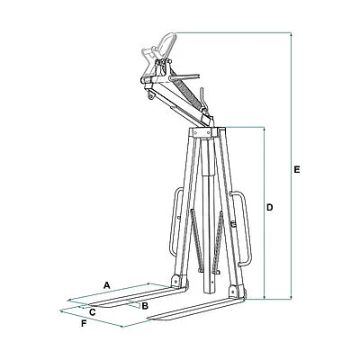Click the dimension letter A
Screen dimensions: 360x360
point(106,285)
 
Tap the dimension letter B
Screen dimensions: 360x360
point(145,306)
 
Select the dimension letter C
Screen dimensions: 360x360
point(93,312)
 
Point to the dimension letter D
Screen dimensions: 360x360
point(270,207)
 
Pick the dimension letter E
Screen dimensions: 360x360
point(297,169)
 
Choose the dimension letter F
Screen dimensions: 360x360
point(85,324)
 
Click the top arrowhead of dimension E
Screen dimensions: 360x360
point(291,34)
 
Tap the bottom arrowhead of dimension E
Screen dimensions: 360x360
point(291,297)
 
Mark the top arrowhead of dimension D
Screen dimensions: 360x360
point(265,130)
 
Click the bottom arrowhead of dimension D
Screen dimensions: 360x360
point(265,297)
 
